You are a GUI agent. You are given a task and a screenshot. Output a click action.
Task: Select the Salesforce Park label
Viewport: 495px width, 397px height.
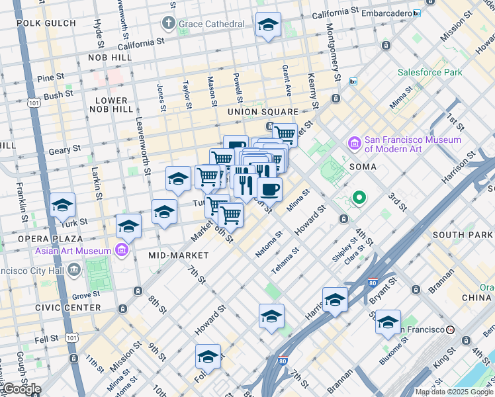[429, 72]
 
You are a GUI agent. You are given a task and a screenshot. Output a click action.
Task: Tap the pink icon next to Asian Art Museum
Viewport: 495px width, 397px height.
[122, 251]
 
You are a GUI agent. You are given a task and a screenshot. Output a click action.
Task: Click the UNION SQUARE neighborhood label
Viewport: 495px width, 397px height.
[263, 112]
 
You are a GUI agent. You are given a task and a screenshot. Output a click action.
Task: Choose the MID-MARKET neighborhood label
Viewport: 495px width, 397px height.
[179, 255]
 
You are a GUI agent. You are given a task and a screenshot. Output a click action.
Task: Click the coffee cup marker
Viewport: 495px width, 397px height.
[269, 189]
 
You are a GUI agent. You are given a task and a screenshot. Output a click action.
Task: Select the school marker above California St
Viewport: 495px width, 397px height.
[268, 26]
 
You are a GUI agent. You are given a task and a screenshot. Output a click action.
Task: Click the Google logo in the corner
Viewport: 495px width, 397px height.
[21, 389]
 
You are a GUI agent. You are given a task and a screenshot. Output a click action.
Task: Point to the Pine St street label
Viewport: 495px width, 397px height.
[50, 77]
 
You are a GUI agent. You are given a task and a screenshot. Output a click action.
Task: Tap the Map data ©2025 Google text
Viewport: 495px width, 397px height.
[454, 392]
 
